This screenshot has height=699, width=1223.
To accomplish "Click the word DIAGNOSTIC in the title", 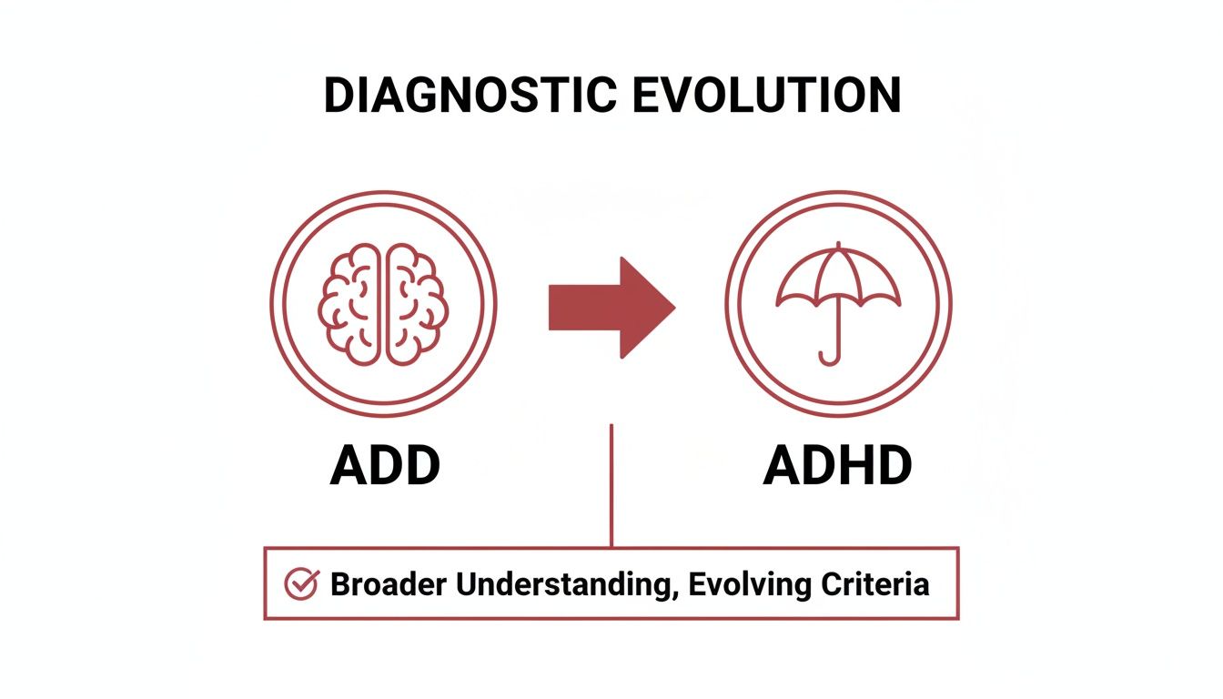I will tap(466, 96).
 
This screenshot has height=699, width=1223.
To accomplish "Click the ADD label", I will tap(384, 466).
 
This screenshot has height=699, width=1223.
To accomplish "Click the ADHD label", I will tap(837, 466).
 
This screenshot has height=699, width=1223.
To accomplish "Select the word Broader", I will tap(389, 583).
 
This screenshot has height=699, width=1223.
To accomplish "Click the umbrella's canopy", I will tap(838, 277).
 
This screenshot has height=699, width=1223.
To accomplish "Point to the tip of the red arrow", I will tap(673, 308).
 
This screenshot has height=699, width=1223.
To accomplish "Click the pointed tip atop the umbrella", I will tap(838, 246).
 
